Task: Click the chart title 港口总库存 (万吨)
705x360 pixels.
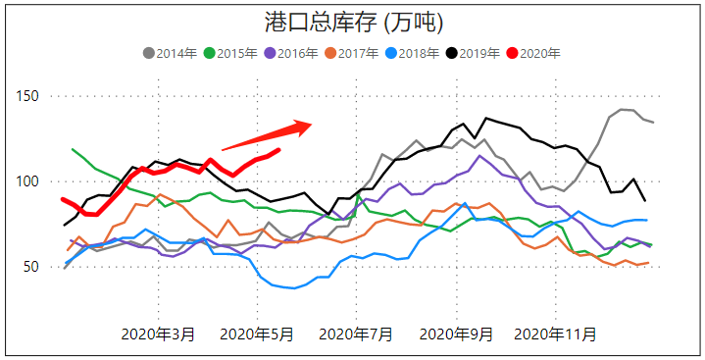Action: [x=353, y=22]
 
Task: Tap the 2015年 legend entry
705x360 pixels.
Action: [x=231, y=53]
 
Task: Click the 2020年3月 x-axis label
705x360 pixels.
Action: [x=158, y=334]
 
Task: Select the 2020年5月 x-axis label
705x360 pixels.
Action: [x=257, y=334]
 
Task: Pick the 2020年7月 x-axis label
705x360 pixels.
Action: [x=358, y=334]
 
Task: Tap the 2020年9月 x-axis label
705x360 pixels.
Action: [x=457, y=334]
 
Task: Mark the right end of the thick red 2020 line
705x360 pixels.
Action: [x=279, y=150]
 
